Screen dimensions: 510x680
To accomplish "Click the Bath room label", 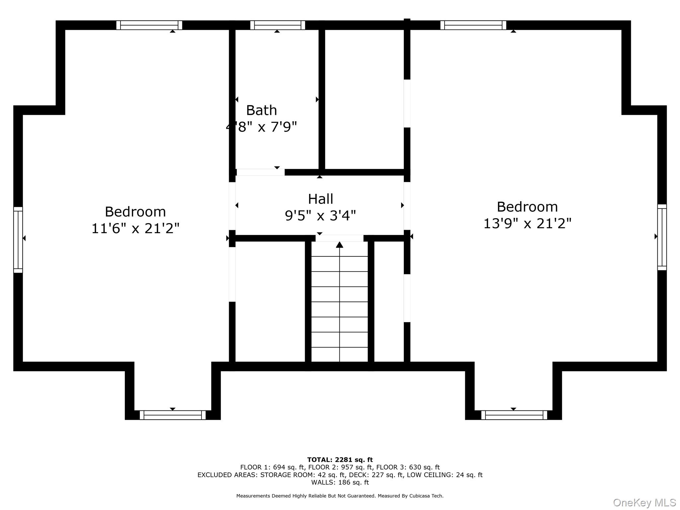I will [261, 110].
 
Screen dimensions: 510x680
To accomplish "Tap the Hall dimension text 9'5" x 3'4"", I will [320, 216].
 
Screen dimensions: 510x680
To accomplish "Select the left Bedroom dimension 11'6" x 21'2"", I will [135, 228].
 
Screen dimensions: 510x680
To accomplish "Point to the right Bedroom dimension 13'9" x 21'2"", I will [527, 223].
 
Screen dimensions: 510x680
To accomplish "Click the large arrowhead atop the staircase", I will [339, 245].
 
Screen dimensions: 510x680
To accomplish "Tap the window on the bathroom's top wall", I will [278, 25].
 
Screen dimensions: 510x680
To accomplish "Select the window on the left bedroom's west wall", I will [18, 240].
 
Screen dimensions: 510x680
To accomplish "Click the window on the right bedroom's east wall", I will [662, 237].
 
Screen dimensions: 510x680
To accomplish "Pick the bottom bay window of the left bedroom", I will [172, 415].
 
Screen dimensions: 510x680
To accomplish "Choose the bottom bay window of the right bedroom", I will [514, 415].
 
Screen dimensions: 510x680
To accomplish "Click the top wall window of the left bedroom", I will [149, 25].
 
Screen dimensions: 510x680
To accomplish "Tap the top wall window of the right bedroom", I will [473, 25].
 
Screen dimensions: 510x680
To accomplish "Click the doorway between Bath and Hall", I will [260, 172].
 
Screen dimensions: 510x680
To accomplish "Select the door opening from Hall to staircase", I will [339, 238].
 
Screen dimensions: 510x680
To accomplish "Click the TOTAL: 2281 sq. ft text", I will [340, 460].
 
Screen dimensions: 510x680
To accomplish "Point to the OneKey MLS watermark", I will [644, 502].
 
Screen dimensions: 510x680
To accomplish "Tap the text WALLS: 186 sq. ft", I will [340, 482].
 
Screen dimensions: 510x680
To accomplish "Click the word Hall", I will [320, 199].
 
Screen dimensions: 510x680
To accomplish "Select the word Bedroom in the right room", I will [527, 207].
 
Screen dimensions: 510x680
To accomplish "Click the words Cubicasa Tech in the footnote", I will [426, 496].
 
